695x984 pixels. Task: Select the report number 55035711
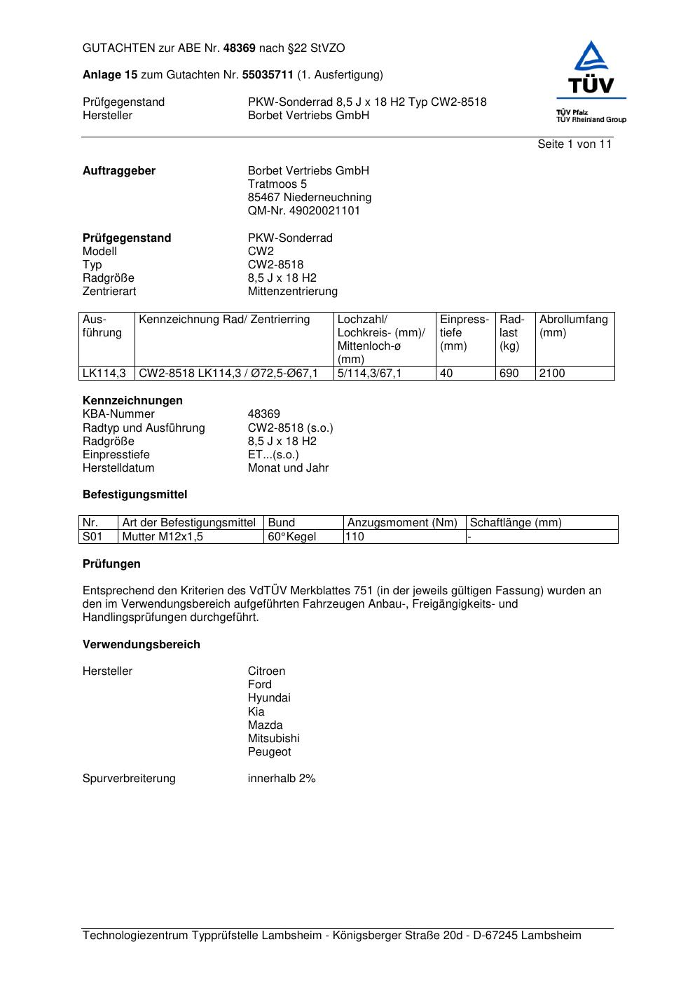268,75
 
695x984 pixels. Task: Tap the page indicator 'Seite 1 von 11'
574,144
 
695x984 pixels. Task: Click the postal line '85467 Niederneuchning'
310,198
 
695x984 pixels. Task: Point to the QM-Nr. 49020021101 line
304,211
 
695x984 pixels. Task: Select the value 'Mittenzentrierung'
292,292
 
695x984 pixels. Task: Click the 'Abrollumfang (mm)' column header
574,326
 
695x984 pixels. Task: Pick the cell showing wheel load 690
509,374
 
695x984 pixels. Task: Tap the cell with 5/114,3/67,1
370,374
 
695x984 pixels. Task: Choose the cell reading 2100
552,374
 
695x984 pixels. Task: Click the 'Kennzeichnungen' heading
132,401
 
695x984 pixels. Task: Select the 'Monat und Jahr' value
288,468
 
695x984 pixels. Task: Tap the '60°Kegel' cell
292,537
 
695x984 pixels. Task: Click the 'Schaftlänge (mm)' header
516,523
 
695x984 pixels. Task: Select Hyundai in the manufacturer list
269,698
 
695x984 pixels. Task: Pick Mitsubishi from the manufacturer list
273,739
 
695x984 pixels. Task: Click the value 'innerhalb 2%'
282,779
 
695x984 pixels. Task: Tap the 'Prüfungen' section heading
111,564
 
